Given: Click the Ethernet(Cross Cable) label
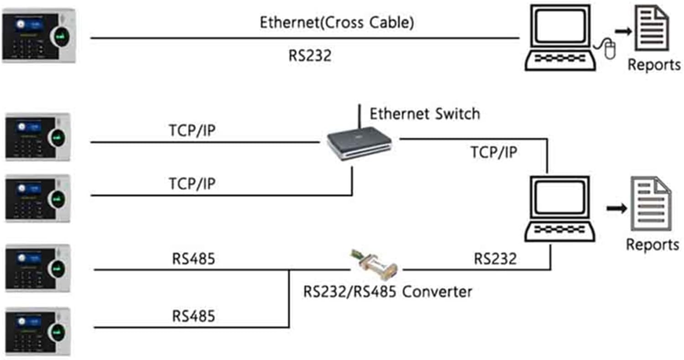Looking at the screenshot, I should [x=337, y=22].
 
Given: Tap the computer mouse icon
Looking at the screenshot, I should [x=609, y=49].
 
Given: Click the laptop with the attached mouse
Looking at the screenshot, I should [x=559, y=39].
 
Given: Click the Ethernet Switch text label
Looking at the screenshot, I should [x=424, y=114].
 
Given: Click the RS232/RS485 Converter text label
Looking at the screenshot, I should [x=387, y=291].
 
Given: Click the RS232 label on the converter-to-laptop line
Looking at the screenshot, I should [x=495, y=259].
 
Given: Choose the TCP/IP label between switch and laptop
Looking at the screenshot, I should [x=494, y=152].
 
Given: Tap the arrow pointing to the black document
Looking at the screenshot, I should [x=623, y=31].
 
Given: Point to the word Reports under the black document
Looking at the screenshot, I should [x=654, y=64].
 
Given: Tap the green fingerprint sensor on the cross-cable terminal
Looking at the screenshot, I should [x=61, y=35].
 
